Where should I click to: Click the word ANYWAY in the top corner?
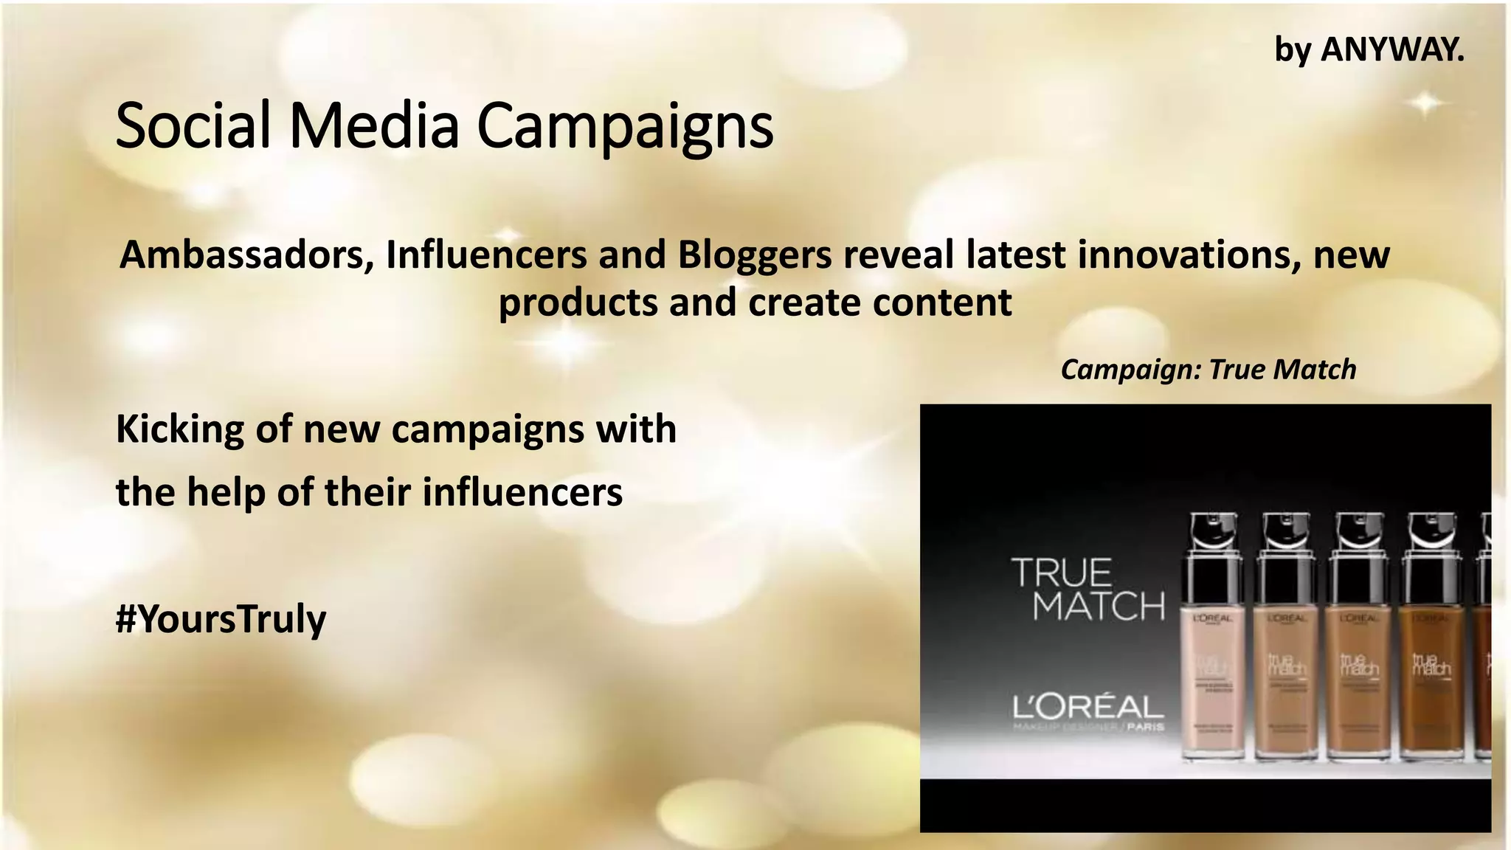[1391, 50]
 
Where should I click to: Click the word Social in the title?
[193, 125]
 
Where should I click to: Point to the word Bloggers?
[755, 255]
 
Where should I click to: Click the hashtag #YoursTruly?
[221, 618]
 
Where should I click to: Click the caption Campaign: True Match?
[1208, 370]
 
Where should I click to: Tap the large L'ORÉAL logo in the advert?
[1088, 708]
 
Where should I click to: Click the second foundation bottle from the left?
[1284, 679]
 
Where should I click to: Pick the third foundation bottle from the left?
[1358, 679]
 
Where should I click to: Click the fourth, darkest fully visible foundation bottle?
[1431, 679]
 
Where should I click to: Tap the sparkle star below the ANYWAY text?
[1426, 104]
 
